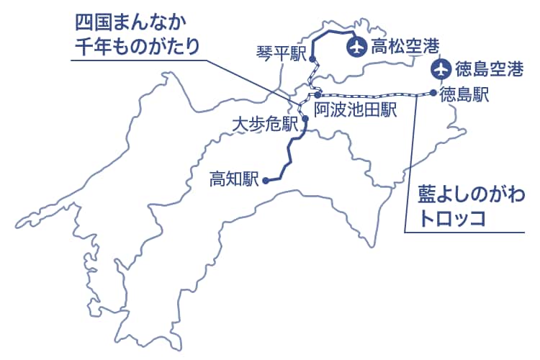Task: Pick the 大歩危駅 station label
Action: (x=265, y=123)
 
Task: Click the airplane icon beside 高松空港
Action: (x=355, y=48)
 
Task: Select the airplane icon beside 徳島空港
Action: (x=441, y=69)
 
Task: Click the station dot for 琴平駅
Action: (x=312, y=60)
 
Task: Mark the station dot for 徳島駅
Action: (x=432, y=93)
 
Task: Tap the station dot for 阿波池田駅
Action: (x=318, y=95)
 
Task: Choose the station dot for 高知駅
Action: (x=266, y=181)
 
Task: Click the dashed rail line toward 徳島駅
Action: (x=374, y=94)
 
